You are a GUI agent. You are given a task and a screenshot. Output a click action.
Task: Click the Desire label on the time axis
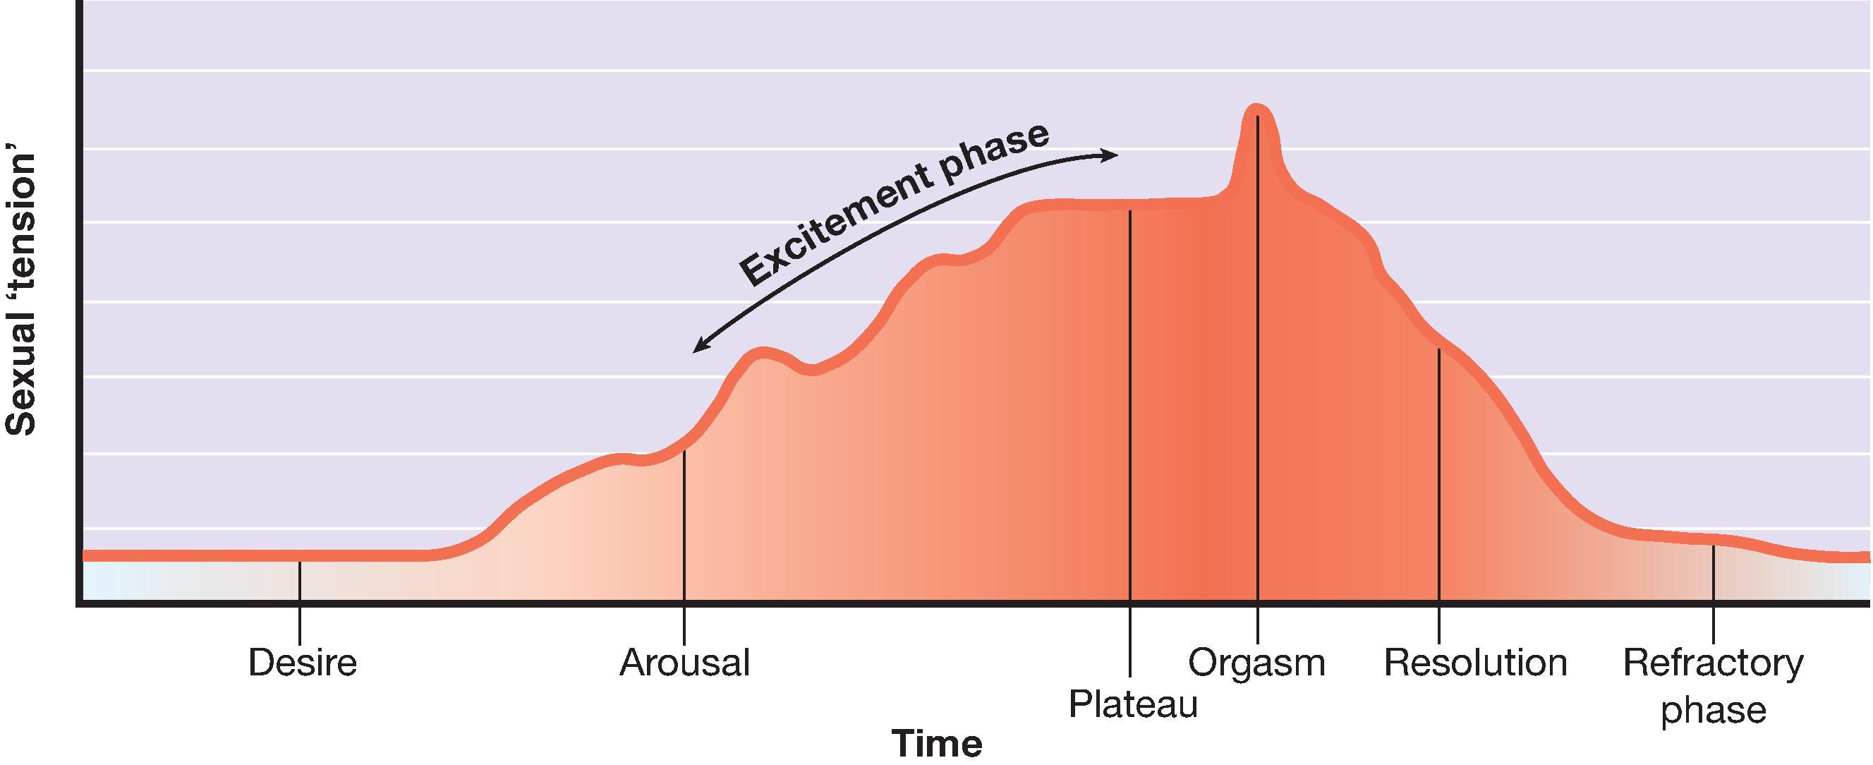[x=303, y=663]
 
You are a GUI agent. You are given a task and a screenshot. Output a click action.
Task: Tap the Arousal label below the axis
[x=684, y=663]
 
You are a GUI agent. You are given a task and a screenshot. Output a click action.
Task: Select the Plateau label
[x=1132, y=704]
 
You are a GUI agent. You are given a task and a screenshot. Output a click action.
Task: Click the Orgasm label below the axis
[x=1256, y=663]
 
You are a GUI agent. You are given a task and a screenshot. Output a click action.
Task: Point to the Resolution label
[x=1474, y=663]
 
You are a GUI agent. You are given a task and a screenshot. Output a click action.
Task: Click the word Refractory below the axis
[x=1713, y=663]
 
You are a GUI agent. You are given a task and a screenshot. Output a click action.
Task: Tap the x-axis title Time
[x=938, y=744]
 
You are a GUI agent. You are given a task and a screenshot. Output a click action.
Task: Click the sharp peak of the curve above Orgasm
[x=1256, y=109]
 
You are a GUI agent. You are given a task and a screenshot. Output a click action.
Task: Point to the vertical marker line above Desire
[x=301, y=582]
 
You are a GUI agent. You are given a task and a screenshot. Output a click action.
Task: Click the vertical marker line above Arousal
[x=684, y=524]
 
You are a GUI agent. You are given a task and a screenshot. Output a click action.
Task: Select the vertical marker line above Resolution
[x=1438, y=473]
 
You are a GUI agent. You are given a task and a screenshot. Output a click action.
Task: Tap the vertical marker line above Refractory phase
[x=1713, y=574]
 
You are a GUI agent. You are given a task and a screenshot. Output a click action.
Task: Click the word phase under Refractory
[x=1713, y=711]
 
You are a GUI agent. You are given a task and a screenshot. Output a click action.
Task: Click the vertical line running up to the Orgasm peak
[x=1257, y=363]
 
